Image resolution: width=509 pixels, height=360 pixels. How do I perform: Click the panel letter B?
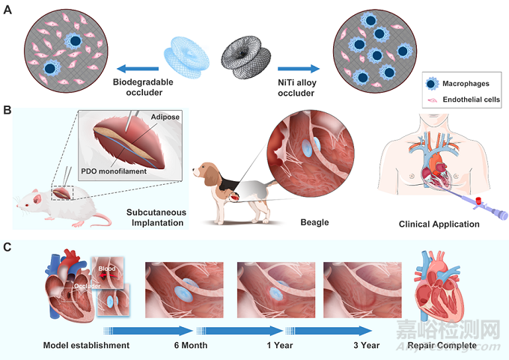pyautogui.click(x=7, y=110)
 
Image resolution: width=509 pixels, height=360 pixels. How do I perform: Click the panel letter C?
pyautogui.click(x=7, y=246)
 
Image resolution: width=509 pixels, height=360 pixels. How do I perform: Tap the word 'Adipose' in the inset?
pyautogui.click(x=165, y=118)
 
